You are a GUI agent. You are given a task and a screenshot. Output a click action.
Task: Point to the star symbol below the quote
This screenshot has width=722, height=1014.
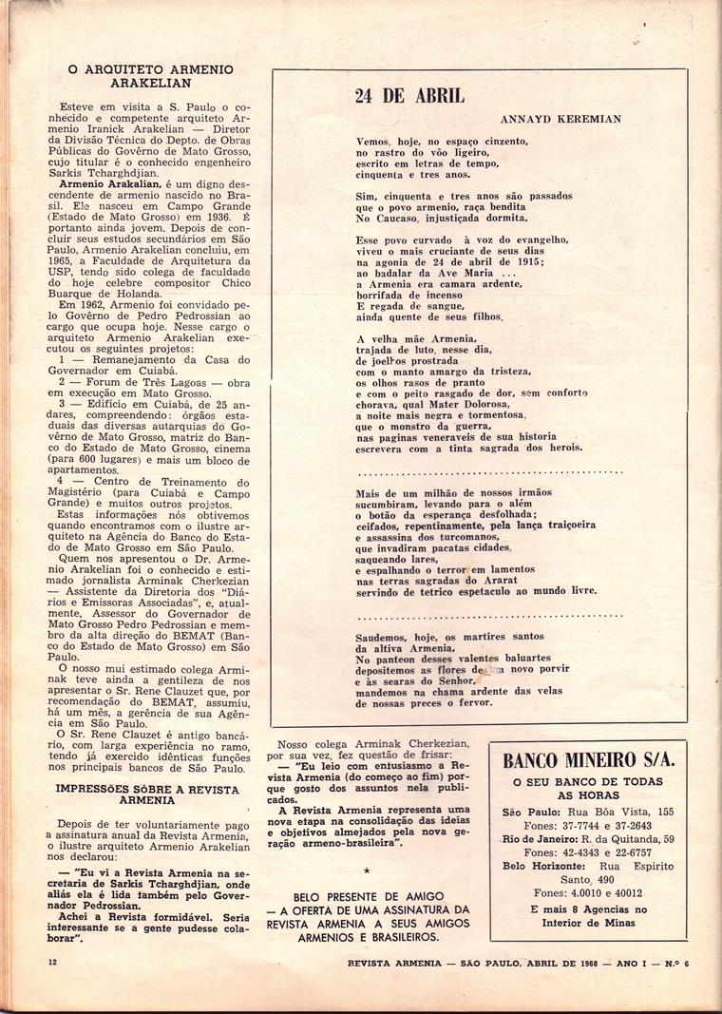(x=368, y=870)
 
